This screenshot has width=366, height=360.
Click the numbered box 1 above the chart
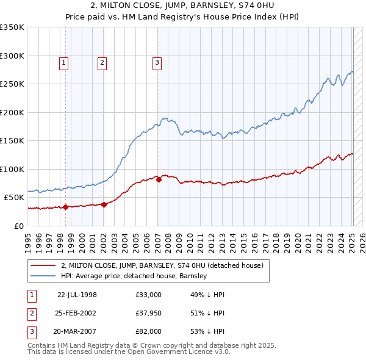pos(64,62)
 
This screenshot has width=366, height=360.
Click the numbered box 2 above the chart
pos(102,62)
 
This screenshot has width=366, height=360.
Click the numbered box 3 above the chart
pos(157,62)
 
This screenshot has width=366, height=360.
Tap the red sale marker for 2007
pos(159,179)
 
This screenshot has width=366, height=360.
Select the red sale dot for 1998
pos(65,207)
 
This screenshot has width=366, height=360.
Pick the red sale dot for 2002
pos(104,204)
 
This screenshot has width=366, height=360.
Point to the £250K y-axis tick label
pos(12,84)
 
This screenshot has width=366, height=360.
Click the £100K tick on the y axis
pos(12,169)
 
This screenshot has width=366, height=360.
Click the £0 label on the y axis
pos(20,226)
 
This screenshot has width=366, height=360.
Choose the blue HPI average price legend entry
pos(134,276)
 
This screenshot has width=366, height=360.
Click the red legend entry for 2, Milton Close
pos(162,265)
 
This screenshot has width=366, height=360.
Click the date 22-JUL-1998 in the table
pos(77,294)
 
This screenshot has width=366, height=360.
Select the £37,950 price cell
pos(148,313)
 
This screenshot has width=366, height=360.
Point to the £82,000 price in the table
pos(148,331)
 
